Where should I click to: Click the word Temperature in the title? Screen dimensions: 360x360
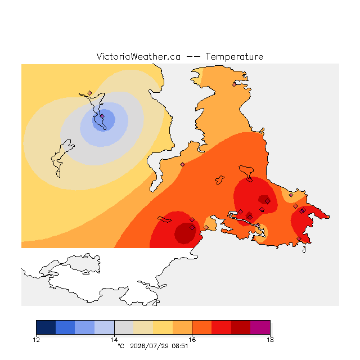coord(234,57)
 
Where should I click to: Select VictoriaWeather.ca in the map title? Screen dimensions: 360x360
coord(138,57)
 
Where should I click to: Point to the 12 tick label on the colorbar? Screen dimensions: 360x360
coord(36,340)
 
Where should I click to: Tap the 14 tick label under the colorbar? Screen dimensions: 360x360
coord(114,340)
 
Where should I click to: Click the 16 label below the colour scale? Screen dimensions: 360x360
coord(192,340)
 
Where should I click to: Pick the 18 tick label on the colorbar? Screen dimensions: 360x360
coord(270,340)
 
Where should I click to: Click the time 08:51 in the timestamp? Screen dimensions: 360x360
coord(180,346)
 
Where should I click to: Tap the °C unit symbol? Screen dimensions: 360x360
coord(121,346)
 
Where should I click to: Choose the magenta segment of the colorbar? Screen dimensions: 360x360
coord(260,327)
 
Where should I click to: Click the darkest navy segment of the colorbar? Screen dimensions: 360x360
coord(46,327)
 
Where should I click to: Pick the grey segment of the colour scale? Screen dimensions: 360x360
coord(124,327)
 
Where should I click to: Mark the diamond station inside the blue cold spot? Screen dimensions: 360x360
coord(102,116)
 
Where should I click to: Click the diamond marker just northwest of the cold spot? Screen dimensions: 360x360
coord(90,93)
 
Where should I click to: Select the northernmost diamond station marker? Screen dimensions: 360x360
coord(234,85)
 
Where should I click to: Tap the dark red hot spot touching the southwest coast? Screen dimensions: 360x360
coord(185,233)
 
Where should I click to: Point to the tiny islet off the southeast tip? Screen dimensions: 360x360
coord(304,250)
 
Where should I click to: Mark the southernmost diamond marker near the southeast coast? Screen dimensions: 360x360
coord(299,238)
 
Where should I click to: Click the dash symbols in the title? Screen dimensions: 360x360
coord(193,57)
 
